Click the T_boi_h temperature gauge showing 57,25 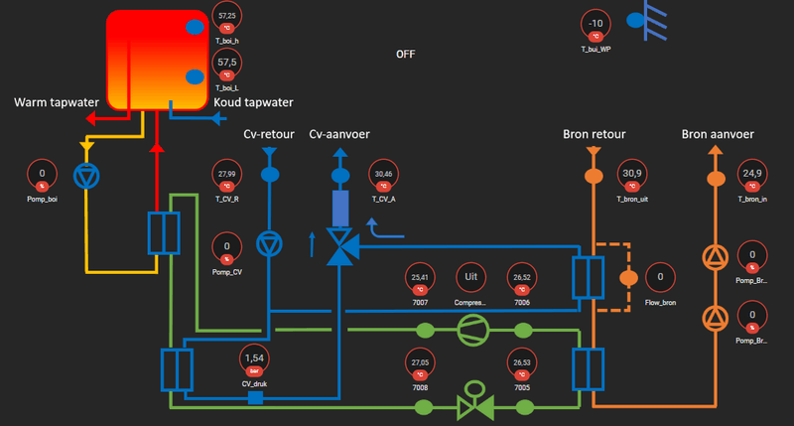(227, 20)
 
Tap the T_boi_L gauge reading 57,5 (227, 65)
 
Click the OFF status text (405, 55)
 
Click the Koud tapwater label (253, 102)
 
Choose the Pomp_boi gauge (42, 177)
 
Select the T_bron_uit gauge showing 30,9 (631, 177)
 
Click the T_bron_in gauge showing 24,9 (752, 177)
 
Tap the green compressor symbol (471, 331)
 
